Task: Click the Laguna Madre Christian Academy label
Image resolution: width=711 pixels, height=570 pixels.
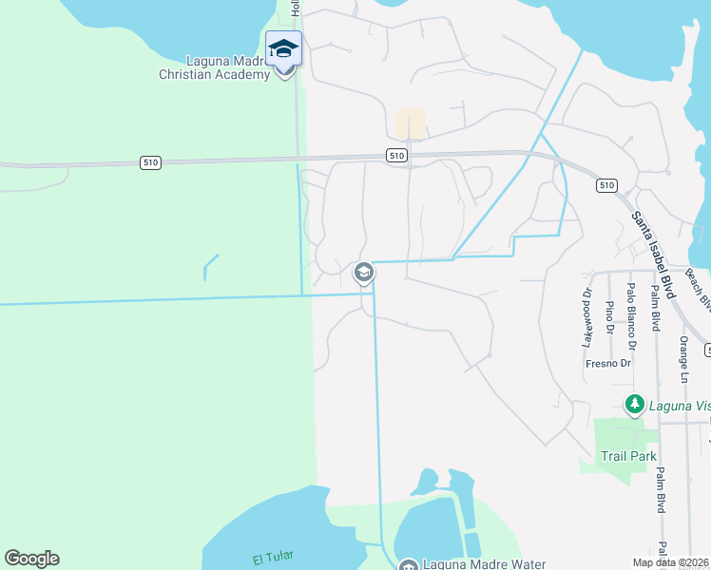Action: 214,66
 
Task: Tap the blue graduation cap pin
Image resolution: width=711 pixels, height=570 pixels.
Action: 284,48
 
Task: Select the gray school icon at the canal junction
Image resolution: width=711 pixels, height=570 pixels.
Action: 362,274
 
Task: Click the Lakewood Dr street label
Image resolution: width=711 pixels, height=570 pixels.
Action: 586,317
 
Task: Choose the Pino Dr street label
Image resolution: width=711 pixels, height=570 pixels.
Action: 609,319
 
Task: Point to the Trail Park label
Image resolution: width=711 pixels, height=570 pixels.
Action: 628,456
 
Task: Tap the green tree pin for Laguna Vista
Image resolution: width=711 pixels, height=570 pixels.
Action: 634,406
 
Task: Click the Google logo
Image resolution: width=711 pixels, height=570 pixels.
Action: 31,559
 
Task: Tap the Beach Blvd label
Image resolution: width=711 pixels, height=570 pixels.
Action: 698,290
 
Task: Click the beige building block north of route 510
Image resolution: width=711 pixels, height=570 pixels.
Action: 410,123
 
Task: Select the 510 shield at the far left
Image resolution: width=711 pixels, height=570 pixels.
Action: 149,162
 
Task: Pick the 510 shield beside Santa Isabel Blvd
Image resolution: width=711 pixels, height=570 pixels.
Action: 607,185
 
